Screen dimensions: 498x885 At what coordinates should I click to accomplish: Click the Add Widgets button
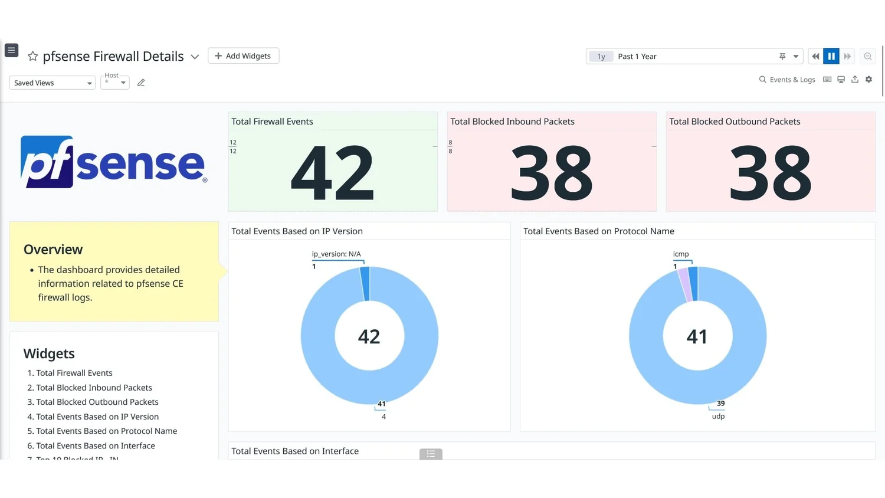point(243,56)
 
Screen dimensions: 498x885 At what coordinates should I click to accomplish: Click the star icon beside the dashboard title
point(32,56)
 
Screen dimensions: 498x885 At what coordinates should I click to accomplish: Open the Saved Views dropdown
point(52,83)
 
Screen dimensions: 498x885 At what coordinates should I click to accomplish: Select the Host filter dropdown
point(115,82)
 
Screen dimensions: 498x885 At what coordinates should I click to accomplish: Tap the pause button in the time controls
point(831,57)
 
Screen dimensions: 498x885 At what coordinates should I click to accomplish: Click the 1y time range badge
point(601,57)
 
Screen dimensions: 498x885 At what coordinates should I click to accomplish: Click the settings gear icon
point(868,80)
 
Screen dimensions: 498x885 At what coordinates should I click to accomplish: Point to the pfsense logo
point(113,162)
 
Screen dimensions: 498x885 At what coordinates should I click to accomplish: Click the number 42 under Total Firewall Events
point(332,173)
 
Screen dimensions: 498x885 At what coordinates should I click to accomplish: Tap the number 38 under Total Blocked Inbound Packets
point(551,173)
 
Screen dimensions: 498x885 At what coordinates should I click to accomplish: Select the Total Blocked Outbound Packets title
point(735,122)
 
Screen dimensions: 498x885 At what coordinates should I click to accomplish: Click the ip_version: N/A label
point(336,254)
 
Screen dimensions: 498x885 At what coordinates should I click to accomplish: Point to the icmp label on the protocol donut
point(681,254)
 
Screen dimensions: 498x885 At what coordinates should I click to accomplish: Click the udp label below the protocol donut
point(718,417)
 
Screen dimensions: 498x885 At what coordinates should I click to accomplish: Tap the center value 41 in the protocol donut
point(697,336)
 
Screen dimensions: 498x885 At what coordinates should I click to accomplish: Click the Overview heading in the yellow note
point(53,250)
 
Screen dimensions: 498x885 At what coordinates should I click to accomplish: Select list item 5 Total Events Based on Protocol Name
point(106,431)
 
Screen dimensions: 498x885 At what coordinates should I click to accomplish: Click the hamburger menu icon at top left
point(11,50)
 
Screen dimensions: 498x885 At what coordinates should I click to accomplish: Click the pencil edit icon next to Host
point(141,83)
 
